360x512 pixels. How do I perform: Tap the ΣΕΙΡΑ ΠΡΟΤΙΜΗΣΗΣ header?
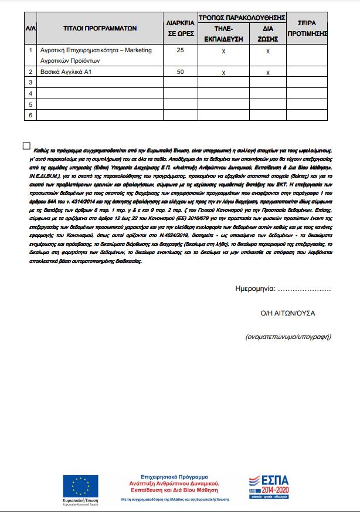[x=307, y=28]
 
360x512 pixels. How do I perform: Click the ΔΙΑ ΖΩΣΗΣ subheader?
[x=267, y=32]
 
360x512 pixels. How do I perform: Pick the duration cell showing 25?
[x=180, y=51]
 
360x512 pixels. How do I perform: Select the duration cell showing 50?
[x=180, y=72]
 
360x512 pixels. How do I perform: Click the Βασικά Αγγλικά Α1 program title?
[x=64, y=72]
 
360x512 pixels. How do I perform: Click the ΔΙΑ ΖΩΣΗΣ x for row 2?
[x=268, y=73]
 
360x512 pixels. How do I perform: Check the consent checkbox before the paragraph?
[x=26, y=146]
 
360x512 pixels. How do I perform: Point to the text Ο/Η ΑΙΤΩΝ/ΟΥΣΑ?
[x=287, y=313]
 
